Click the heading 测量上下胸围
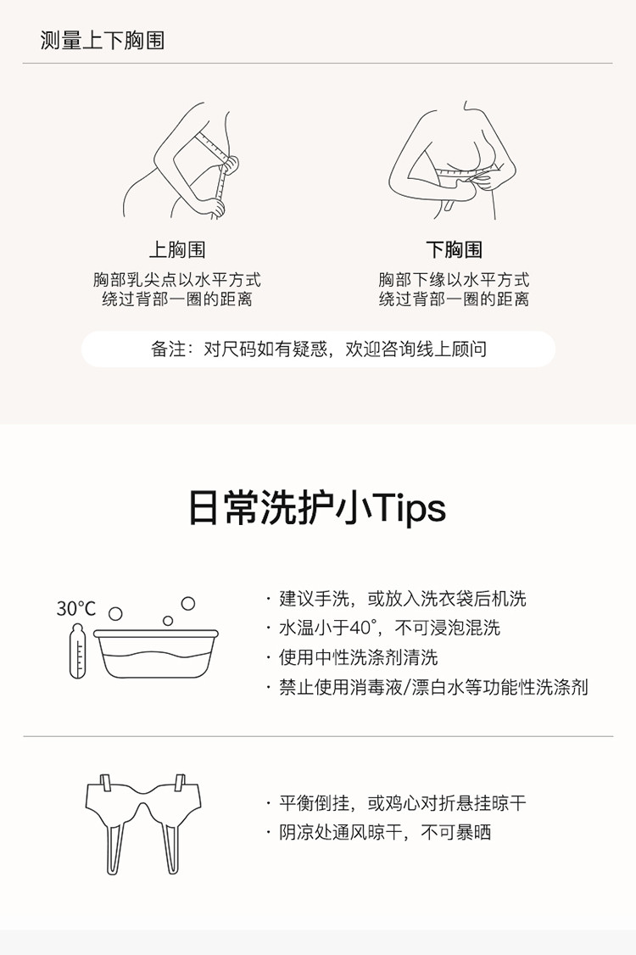pyautogui.click(x=103, y=40)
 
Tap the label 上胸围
pyautogui.click(x=177, y=249)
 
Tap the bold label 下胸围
pyautogui.click(x=454, y=249)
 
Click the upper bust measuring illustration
pyautogui.click(x=181, y=161)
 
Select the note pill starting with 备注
pyautogui.click(x=318, y=349)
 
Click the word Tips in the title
pyautogui.click(x=408, y=508)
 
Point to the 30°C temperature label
pyautogui.click(x=76, y=608)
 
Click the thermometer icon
pyautogui.click(x=77, y=651)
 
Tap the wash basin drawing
pyautogui.click(x=156, y=654)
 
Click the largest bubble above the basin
pyautogui.click(x=188, y=603)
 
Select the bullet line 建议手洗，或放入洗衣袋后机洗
pyautogui.click(x=396, y=599)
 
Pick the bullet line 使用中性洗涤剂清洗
pyautogui.click(x=352, y=658)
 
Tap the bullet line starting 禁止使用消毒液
pyautogui.click(x=427, y=688)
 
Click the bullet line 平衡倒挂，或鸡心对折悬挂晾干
pyautogui.click(x=396, y=803)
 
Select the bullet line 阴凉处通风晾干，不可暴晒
pyautogui.click(x=378, y=833)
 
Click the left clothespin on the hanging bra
pyautogui.click(x=105, y=783)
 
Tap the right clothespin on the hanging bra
pyautogui.click(x=180, y=783)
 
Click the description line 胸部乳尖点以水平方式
pyautogui.click(x=177, y=280)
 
